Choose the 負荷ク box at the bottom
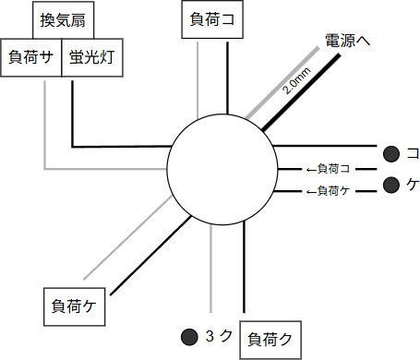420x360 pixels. click(x=270, y=339)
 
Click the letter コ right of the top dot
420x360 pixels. click(x=413, y=153)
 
